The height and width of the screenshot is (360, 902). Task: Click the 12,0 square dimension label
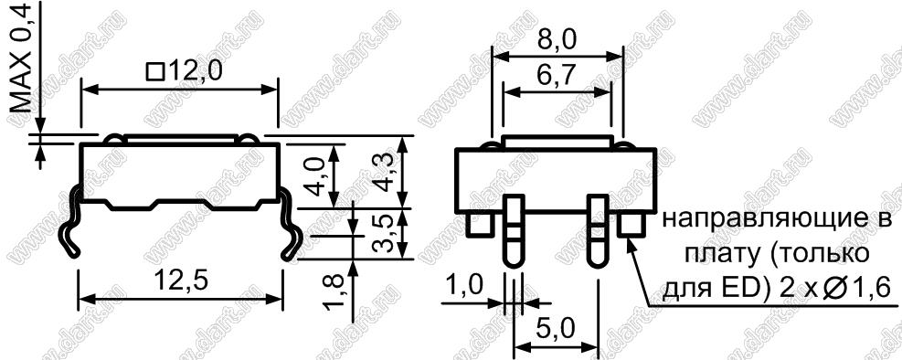click(x=184, y=72)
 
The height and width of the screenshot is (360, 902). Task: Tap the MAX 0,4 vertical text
click(x=23, y=57)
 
